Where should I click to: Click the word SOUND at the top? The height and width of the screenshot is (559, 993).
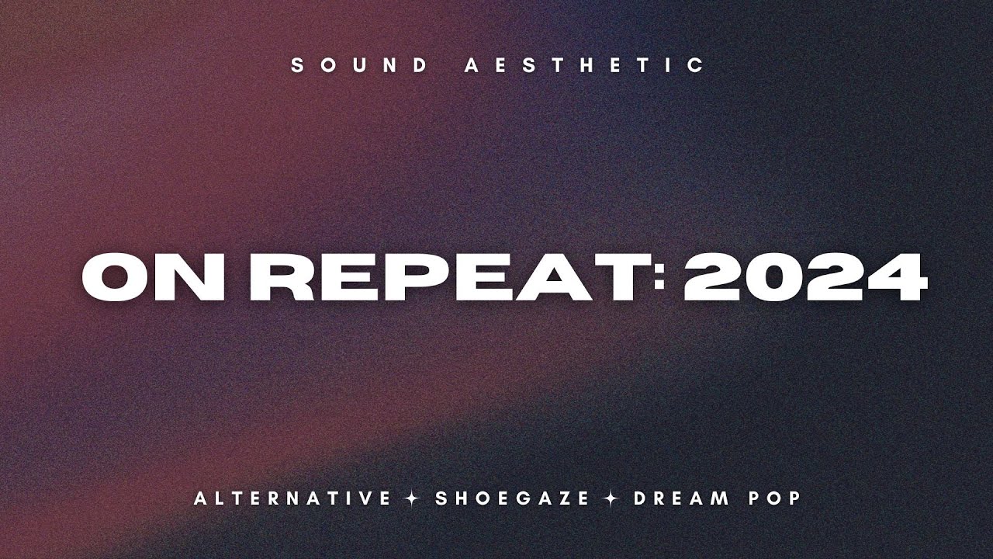coord(359,66)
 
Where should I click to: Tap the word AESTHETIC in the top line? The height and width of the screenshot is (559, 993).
coord(585,66)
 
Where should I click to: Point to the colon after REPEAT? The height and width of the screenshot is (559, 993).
coord(660,277)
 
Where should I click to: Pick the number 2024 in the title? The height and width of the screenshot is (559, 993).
coord(805,277)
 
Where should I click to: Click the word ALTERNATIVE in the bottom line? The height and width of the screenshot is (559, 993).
coord(292,498)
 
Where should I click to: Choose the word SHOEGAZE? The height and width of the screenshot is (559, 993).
coord(513,498)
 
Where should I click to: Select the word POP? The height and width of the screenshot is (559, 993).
coord(774,498)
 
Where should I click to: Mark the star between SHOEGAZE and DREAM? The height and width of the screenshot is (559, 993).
coord(612,498)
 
